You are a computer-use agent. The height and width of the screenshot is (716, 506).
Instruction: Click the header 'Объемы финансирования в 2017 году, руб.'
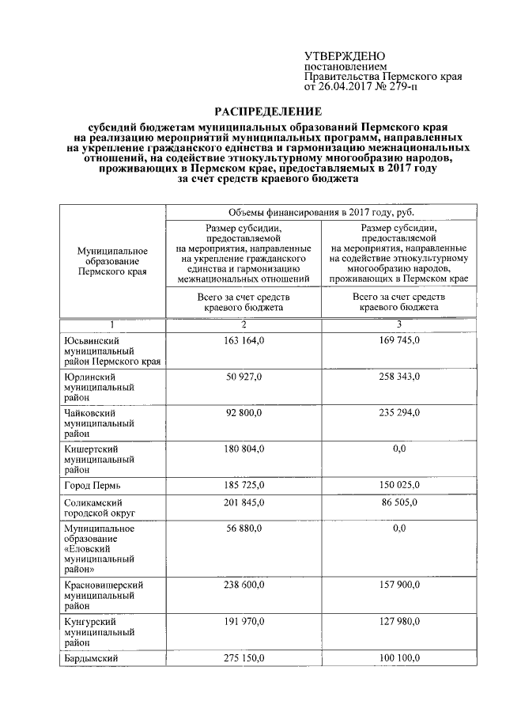(x=321, y=212)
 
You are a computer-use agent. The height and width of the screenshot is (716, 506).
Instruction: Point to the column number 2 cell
(x=244, y=325)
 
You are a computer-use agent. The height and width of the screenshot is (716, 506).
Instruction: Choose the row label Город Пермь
(x=92, y=483)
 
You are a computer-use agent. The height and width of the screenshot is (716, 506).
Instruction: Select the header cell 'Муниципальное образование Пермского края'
(x=112, y=260)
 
